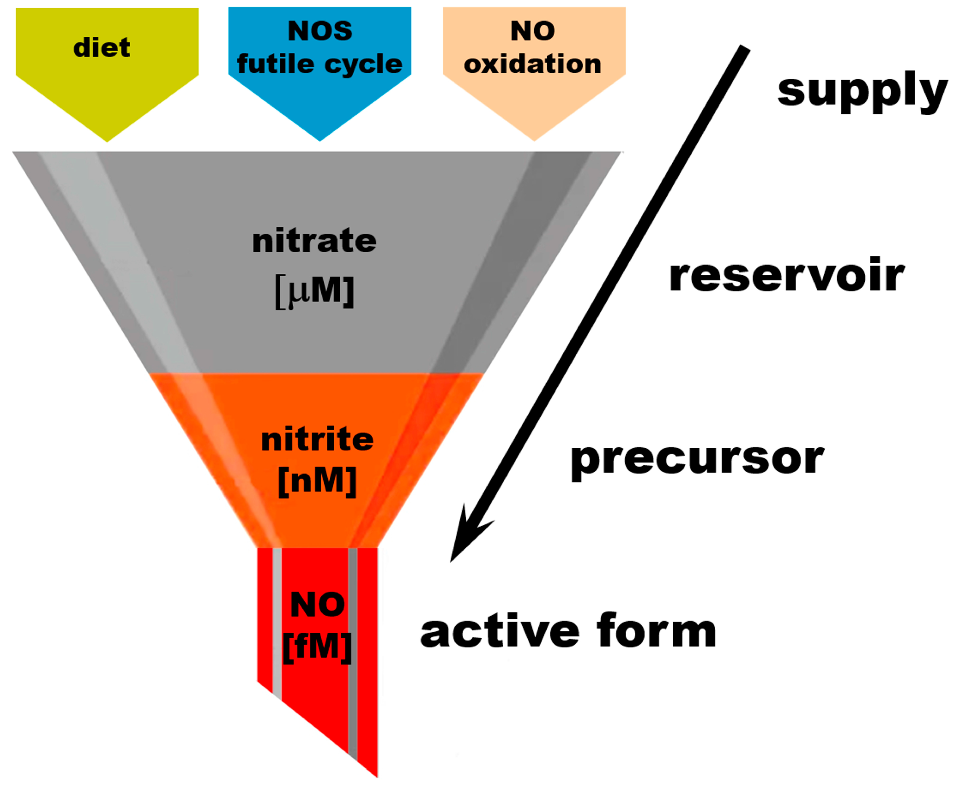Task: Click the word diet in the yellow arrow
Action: click(102, 47)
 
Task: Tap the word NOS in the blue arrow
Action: click(320, 31)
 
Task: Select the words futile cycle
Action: click(320, 64)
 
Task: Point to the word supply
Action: click(862, 91)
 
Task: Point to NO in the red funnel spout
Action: click(317, 605)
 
